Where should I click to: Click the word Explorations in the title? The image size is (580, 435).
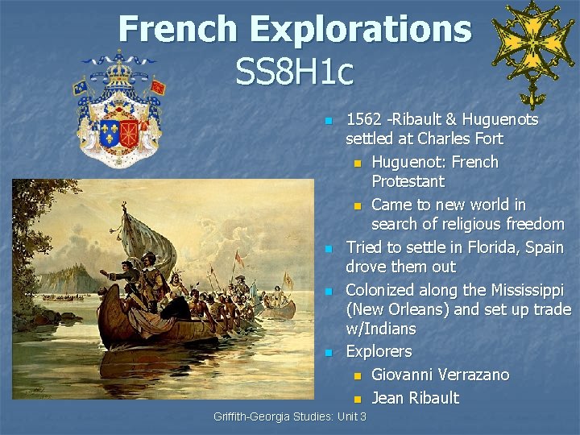(x=362, y=30)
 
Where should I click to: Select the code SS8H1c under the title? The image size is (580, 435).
(x=294, y=72)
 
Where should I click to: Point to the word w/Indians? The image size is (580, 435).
(x=381, y=329)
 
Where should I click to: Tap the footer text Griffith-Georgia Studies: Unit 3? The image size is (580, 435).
(x=290, y=416)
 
